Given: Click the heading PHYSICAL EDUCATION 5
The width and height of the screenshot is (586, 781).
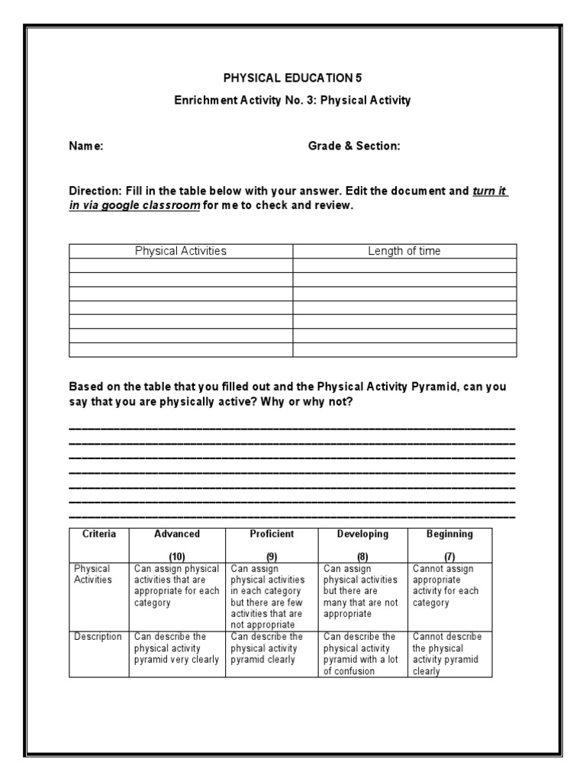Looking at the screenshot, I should (x=292, y=78).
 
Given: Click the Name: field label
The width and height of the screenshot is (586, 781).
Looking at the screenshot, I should (x=86, y=146).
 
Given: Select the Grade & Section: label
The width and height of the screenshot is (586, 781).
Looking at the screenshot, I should (x=354, y=146).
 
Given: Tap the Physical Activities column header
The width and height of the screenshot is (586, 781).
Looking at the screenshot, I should (x=181, y=251).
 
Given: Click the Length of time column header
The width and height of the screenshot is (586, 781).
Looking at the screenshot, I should (x=404, y=251).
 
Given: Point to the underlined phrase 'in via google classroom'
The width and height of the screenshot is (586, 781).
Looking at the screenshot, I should (x=134, y=206).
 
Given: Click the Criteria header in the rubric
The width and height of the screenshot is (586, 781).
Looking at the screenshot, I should (x=99, y=535).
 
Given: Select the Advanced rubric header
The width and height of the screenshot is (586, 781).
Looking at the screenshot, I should (x=177, y=535).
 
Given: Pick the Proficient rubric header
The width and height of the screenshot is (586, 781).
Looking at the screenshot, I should (x=272, y=535).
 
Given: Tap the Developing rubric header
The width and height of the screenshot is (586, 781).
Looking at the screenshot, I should (x=362, y=535).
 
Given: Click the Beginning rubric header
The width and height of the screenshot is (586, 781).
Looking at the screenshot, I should (x=449, y=535).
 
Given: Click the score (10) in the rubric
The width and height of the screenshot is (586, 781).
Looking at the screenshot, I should (x=177, y=557).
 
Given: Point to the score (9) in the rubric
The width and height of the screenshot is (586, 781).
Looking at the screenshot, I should (x=272, y=557).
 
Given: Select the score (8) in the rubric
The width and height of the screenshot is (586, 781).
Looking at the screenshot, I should (x=362, y=557).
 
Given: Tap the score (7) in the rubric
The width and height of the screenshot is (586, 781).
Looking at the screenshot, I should (x=449, y=557).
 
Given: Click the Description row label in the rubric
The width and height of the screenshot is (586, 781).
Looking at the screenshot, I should (x=98, y=637).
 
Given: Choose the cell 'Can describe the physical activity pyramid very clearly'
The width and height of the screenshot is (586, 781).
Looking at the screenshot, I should (x=176, y=648).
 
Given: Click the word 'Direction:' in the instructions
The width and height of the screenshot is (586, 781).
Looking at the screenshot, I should (x=95, y=192).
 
